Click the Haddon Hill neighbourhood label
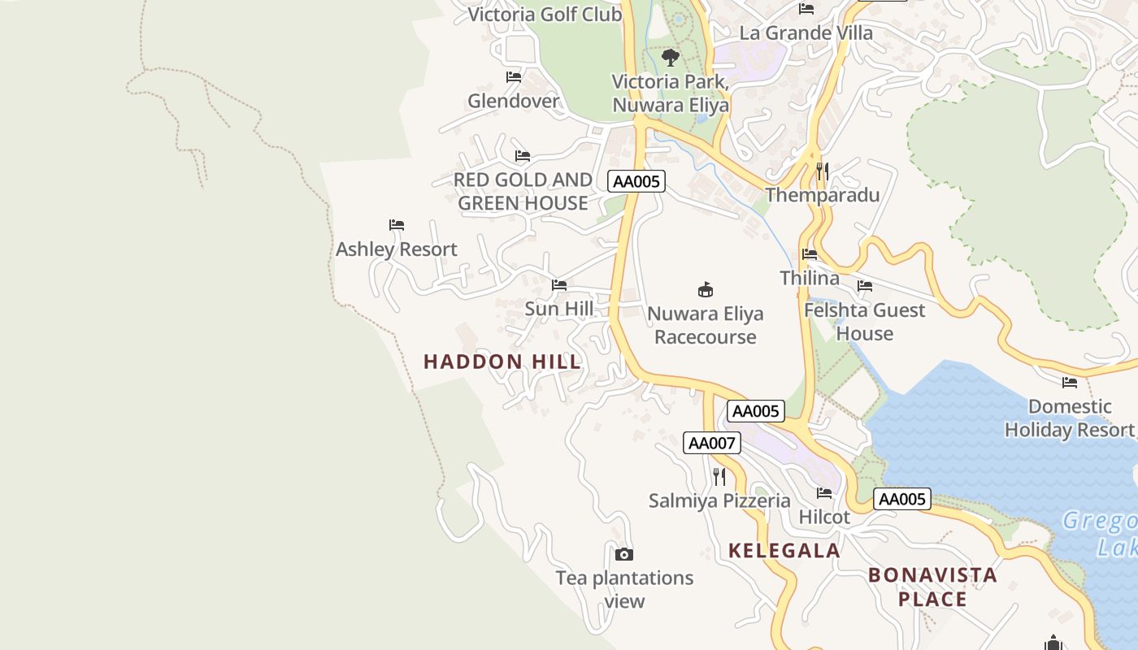502,362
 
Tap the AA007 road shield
712,443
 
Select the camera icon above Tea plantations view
624,554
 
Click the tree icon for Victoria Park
671,57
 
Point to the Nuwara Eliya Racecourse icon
706,289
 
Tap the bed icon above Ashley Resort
397,225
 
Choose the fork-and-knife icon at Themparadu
823,171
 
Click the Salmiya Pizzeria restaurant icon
719,476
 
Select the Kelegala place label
784,550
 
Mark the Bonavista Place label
932,587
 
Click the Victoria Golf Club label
545,14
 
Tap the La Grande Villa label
806,33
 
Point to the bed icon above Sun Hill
559,285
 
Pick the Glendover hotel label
514,101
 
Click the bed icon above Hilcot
824,493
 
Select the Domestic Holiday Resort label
1069,418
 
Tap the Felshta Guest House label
865,322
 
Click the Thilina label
810,278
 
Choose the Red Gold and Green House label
523,191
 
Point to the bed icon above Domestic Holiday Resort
1070,382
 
